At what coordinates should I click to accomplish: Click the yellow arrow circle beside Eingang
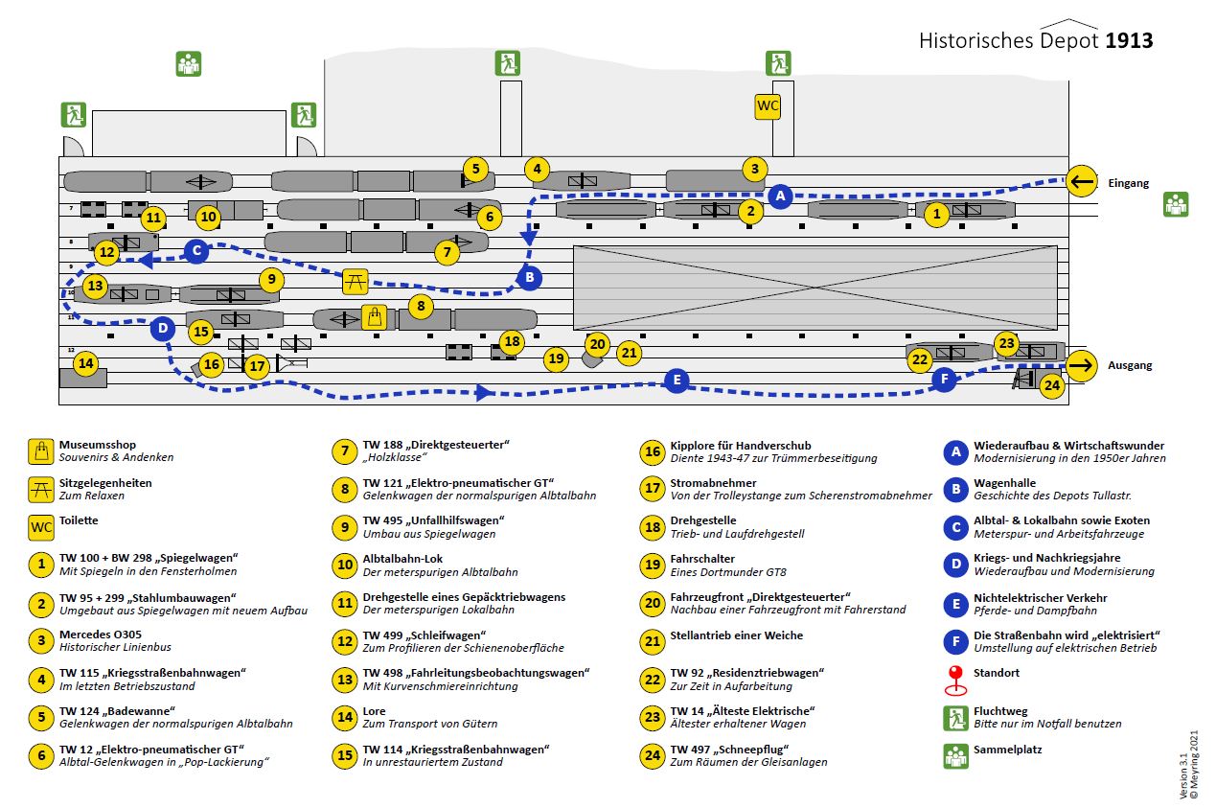(1082, 181)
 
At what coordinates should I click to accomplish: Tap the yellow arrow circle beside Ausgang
(1082, 365)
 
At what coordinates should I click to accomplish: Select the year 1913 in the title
(1129, 40)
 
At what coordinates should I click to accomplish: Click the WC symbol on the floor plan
(768, 105)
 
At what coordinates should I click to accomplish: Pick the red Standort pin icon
(955, 680)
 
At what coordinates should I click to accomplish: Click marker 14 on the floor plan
(86, 363)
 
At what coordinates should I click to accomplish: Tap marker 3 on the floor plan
(754, 170)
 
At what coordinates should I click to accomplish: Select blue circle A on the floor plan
(780, 196)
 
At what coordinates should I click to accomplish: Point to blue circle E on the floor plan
(677, 381)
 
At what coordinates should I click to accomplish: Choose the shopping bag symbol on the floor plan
(374, 317)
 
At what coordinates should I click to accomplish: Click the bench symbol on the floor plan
(356, 281)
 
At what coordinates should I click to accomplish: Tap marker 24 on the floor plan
(1052, 386)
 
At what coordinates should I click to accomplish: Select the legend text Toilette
(79, 520)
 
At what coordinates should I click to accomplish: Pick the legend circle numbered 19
(653, 566)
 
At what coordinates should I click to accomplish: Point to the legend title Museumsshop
(98, 445)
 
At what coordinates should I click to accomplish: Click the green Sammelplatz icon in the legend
(955, 756)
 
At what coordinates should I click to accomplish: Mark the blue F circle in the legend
(955, 641)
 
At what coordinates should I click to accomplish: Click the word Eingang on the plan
(1129, 183)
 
